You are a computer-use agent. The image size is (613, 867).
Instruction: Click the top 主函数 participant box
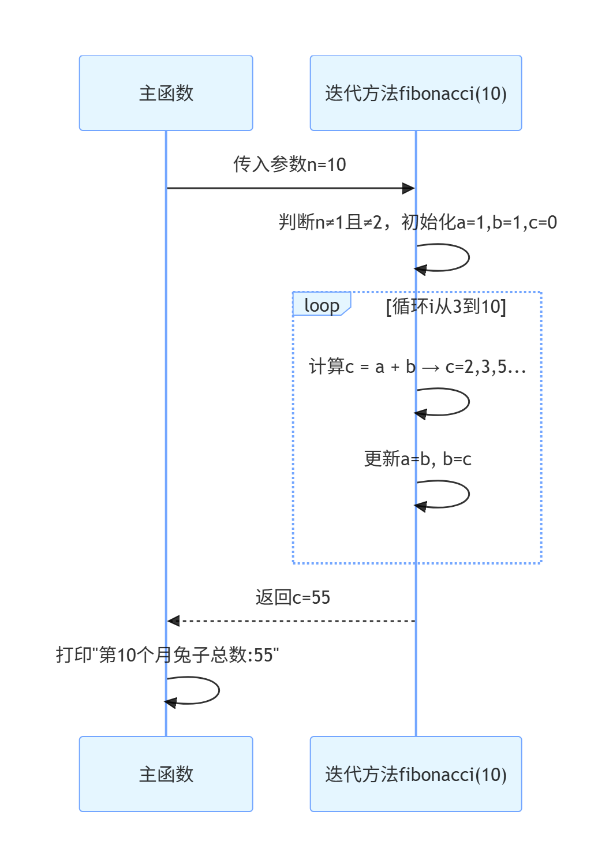click(x=166, y=93)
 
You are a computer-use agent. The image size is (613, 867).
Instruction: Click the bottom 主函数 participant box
click(x=166, y=774)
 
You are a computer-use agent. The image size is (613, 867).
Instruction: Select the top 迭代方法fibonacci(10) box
click(x=416, y=93)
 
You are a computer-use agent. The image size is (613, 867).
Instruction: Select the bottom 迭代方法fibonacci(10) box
click(x=416, y=774)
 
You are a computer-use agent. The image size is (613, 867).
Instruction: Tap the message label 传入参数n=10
click(x=290, y=165)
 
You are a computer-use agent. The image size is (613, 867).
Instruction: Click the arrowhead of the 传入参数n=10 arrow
click(x=409, y=188)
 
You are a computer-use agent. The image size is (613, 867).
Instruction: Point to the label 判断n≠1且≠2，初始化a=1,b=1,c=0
click(x=417, y=222)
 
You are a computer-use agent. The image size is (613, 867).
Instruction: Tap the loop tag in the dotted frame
click(x=322, y=305)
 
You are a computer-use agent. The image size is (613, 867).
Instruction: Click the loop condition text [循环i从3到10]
click(x=446, y=306)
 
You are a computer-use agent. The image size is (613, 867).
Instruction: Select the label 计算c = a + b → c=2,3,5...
click(x=417, y=367)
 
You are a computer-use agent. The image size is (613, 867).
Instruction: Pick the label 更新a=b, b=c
click(x=417, y=459)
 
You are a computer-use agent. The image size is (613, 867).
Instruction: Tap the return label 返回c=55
click(x=293, y=597)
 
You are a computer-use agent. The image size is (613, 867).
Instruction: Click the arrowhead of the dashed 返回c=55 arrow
click(x=173, y=621)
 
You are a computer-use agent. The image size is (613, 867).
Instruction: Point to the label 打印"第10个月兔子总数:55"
click(x=167, y=655)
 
